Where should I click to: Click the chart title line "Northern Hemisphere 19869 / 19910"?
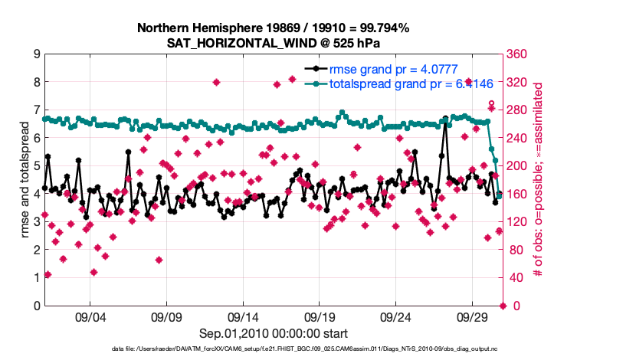point(274,28)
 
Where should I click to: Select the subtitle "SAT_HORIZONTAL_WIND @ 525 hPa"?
point(274,44)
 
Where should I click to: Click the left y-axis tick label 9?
point(36,54)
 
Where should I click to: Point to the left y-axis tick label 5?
point(36,166)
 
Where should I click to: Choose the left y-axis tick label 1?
point(36,278)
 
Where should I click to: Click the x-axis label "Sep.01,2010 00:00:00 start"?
point(274,333)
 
